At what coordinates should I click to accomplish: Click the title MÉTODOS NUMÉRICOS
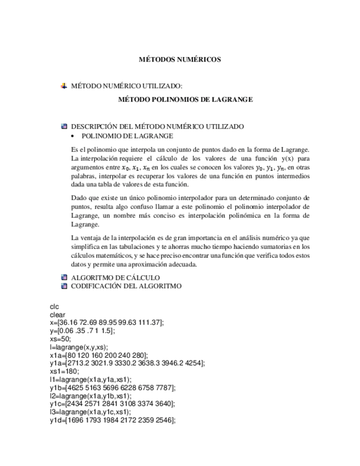(179, 59)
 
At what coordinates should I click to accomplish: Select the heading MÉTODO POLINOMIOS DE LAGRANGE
(185, 99)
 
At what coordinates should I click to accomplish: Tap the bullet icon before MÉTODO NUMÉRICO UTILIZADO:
(64, 86)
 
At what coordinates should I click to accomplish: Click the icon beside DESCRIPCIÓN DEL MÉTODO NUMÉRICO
(64, 126)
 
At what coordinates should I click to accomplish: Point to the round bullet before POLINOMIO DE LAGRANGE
(74, 136)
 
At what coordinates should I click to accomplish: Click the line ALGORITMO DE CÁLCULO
(115, 278)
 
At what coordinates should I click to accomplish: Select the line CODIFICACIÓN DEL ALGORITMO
(126, 286)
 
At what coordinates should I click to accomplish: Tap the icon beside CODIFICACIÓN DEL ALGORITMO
(64, 286)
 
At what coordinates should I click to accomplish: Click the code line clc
(54, 307)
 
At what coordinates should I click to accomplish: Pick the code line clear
(57, 315)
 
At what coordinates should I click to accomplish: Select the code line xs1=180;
(64, 371)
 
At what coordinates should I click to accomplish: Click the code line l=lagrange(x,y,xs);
(79, 347)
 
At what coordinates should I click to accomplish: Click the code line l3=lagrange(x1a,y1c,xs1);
(90, 412)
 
